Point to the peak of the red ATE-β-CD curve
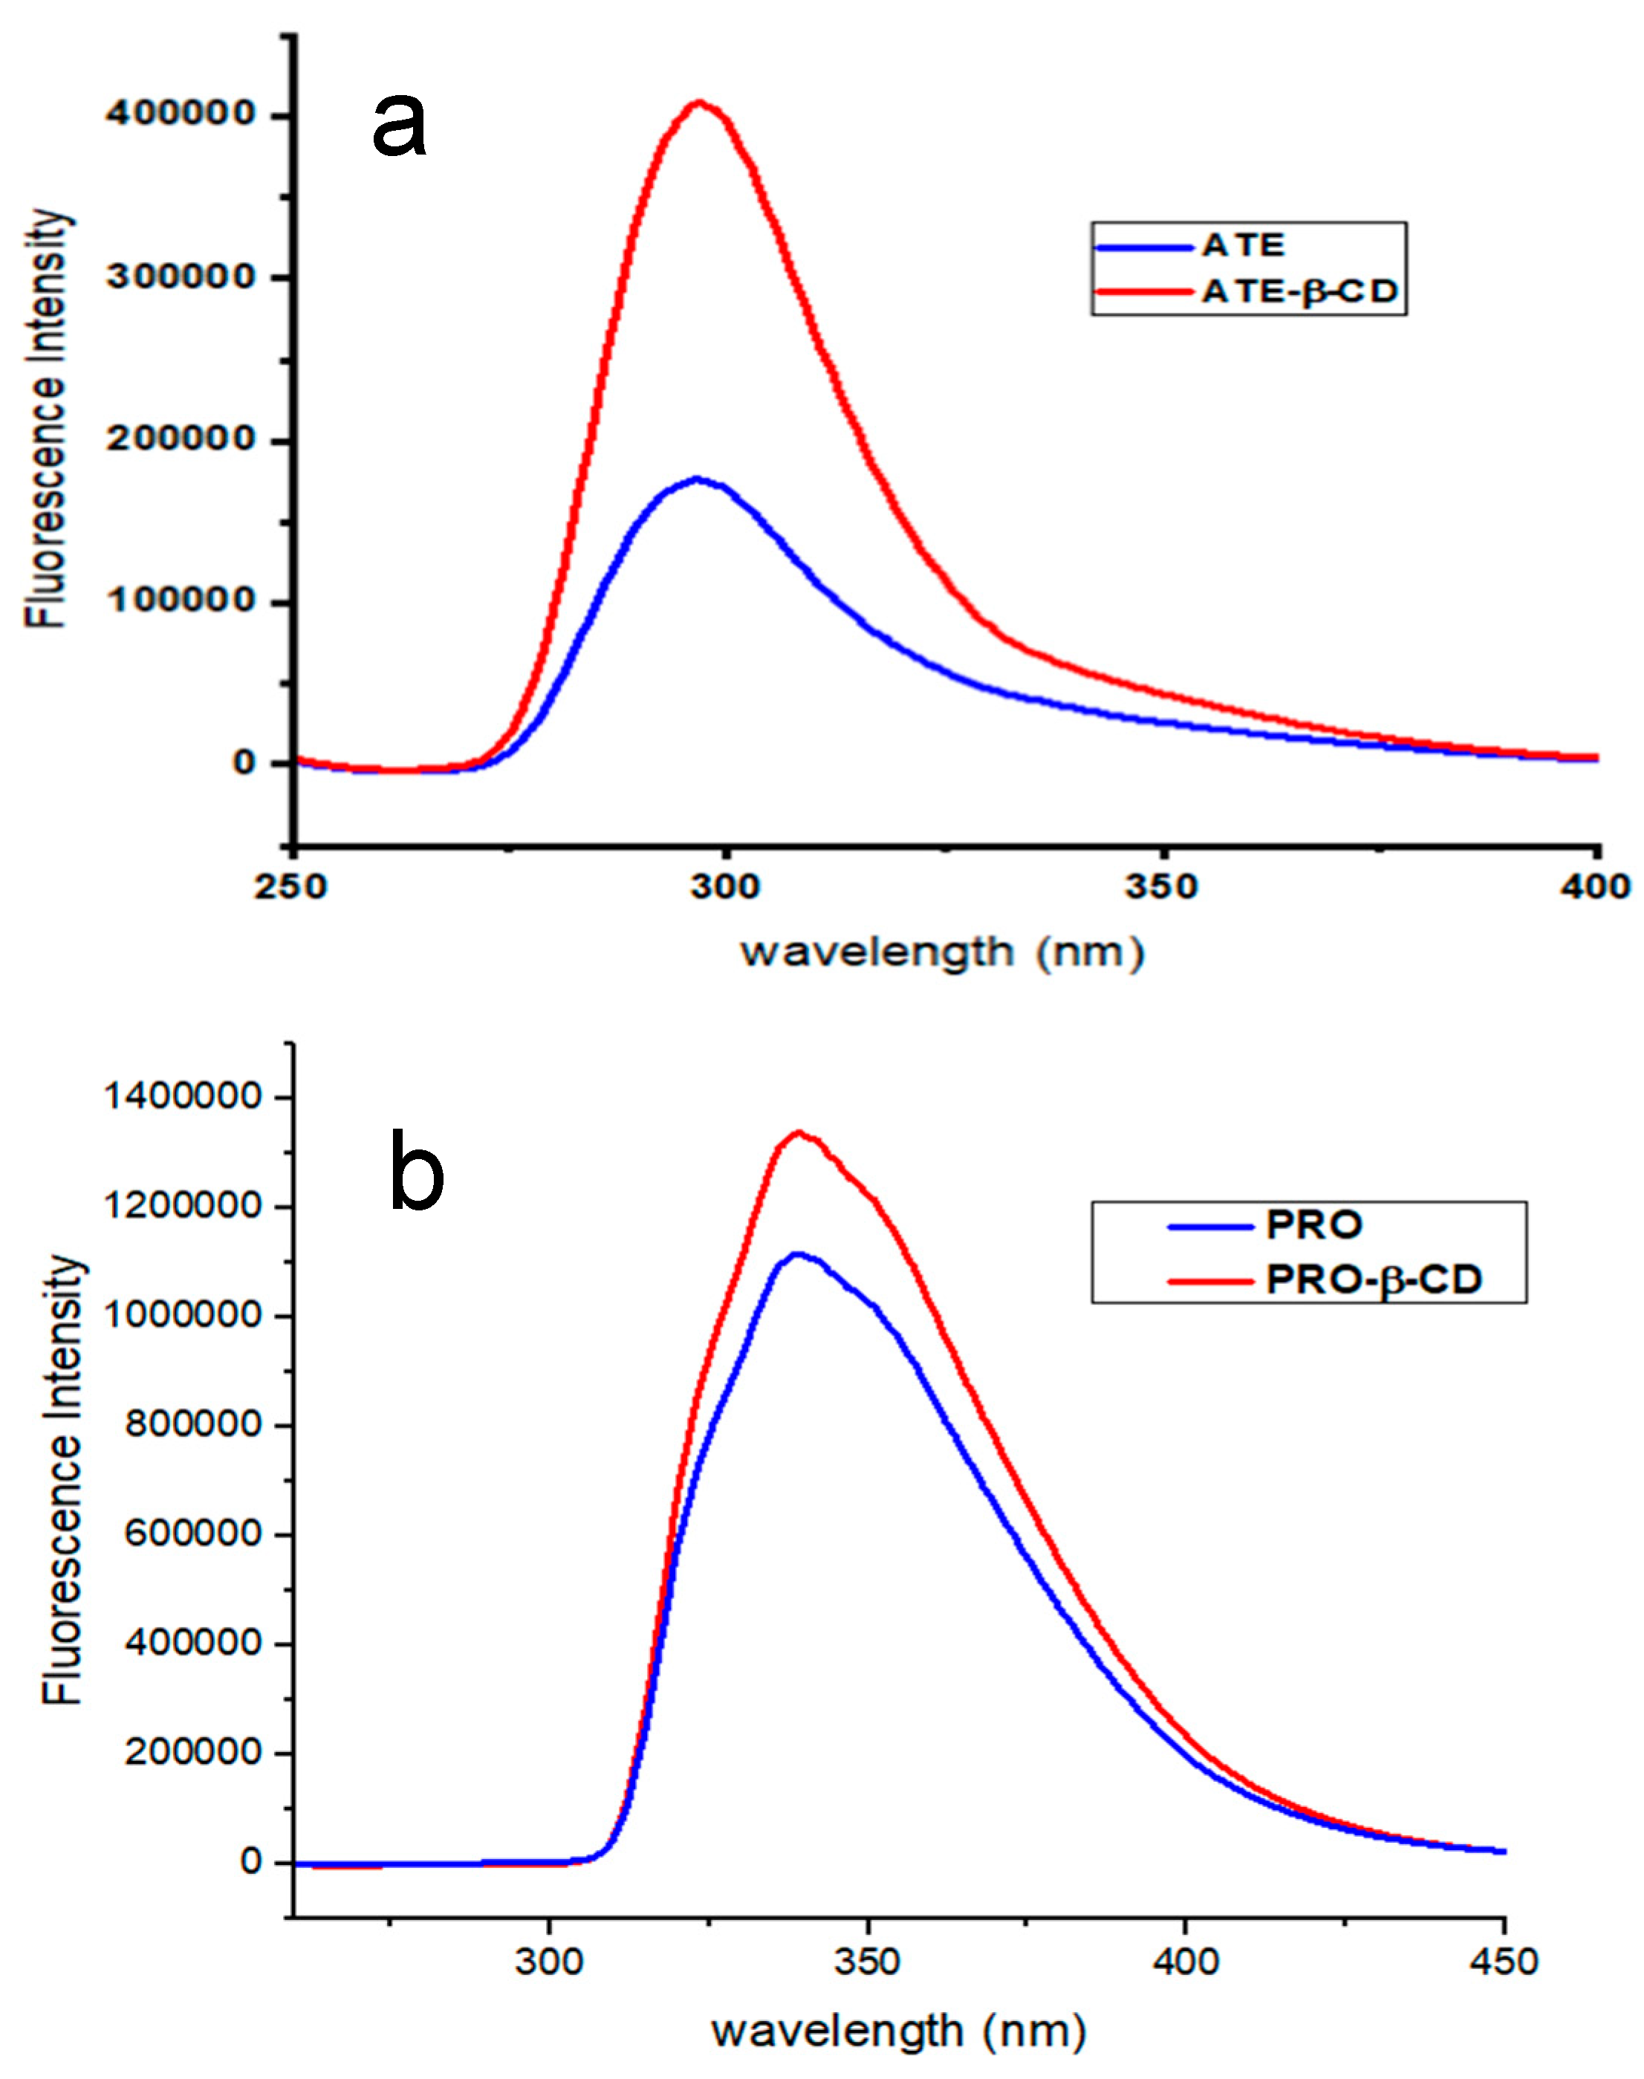700,102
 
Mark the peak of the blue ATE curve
697,479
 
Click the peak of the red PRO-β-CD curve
798,1132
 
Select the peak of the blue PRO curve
796,1253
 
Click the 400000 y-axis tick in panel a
181,114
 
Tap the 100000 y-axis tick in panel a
181,600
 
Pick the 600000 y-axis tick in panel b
193,1534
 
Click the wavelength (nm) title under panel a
942,952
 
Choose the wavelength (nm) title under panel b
899,2031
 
